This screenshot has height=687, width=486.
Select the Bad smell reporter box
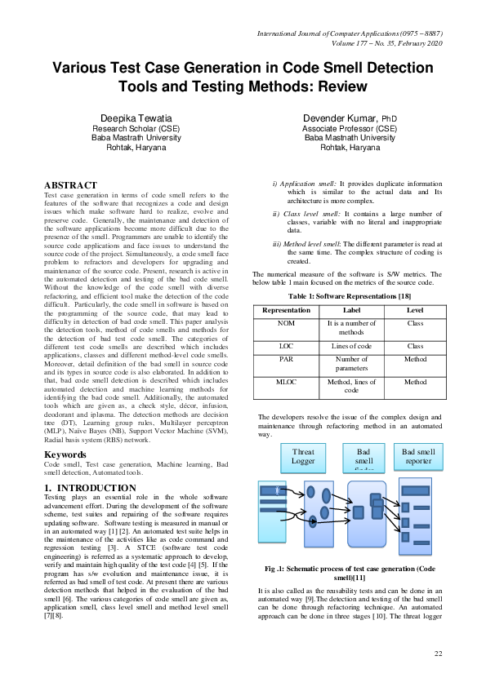tap(418, 456)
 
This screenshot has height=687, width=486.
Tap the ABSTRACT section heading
tap(70, 186)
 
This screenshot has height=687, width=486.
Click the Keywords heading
tap(65, 454)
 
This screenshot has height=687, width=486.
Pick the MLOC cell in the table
tap(286, 382)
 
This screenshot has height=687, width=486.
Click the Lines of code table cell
tap(351, 346)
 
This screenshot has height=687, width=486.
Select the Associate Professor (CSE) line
tap(350, 129)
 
